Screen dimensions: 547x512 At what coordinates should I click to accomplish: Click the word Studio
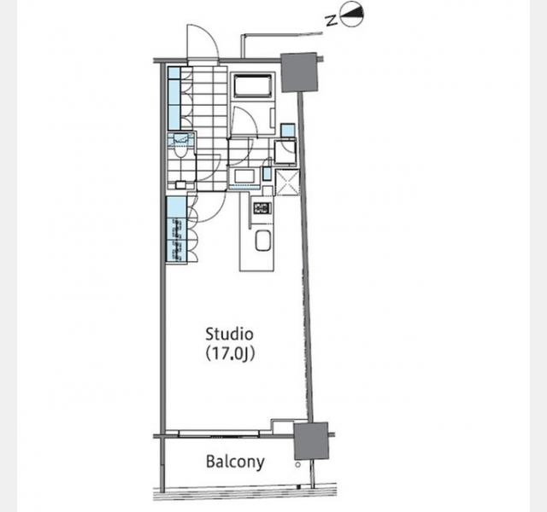pos(229,335)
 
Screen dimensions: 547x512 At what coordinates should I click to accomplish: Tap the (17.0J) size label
pos(230,354)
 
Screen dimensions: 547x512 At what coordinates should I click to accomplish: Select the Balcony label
pos(235,462)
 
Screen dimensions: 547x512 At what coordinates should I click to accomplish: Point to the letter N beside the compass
pos(332,20)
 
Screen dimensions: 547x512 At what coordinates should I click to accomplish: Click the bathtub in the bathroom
pos(253,85)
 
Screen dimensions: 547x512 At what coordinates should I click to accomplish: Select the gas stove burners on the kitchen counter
pos(262,208)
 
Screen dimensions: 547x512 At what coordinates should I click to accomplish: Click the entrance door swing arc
pos(203,42)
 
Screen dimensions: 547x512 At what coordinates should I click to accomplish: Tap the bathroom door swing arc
pos(245,121)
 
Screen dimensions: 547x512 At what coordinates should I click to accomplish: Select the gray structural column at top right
pos(299,72)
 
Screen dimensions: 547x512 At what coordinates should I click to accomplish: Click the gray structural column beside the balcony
pos(311,441)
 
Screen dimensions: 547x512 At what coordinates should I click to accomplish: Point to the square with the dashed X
pos(287,183)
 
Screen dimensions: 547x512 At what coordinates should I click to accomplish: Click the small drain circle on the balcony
pos(297,464)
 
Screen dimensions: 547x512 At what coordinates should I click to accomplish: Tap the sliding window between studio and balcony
pos(219,434)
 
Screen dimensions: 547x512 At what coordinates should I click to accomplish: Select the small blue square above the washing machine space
pos(288,131)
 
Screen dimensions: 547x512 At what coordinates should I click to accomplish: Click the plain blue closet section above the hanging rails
pos(177,207)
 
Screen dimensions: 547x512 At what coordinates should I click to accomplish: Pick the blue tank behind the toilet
pos(180,139)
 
